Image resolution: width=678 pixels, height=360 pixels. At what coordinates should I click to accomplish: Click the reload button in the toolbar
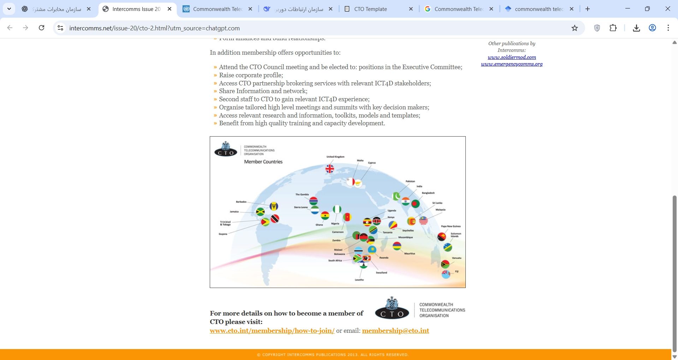tap(42, 28)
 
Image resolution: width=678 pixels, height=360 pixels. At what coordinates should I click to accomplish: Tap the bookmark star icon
tap(575, 28)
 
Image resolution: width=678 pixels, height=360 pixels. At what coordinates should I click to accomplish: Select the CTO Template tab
tap(370, 9)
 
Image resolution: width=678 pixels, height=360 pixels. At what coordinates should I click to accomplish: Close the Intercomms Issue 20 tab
tap(169, 9)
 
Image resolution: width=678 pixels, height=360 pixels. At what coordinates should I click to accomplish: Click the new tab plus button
tap(588, 9)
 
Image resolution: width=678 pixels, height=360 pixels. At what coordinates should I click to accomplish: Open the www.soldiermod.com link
tap(512, 57)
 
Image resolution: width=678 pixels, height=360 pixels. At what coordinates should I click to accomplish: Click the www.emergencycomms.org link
tap(512, 64)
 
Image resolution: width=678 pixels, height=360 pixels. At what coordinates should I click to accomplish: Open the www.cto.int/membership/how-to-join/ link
tap(272, 331)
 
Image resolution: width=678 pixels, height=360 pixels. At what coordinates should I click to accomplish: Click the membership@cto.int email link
tap(395, 331)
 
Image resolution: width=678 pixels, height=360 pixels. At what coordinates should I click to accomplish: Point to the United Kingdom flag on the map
tap(330, 169)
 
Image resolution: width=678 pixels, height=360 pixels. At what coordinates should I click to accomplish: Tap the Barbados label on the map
tap(241, 202)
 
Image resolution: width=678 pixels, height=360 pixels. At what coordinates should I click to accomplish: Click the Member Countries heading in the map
tap(263, 162)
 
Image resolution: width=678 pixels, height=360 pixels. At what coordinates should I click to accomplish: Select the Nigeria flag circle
tap(337, 209)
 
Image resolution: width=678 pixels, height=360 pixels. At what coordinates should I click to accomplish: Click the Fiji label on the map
tap(457, 271)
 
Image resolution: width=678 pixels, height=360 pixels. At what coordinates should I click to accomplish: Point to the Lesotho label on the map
tap(359, 280)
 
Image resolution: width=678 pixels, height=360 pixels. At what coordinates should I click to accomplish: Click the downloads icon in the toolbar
tap(636, 28)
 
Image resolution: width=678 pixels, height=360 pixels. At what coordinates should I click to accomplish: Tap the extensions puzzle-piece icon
tap(613, 28)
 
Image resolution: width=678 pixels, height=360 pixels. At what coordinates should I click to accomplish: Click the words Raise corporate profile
tap(251, 75)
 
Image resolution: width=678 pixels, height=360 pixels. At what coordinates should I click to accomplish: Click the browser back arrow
tap(10, 28)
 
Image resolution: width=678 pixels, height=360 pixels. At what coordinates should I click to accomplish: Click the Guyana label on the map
tap(223, 234)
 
